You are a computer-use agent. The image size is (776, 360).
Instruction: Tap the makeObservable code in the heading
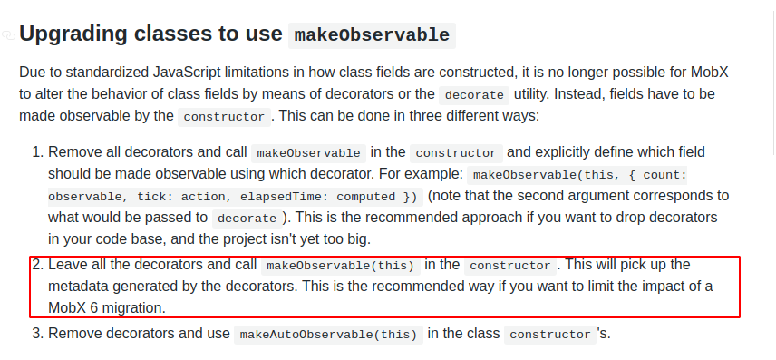click(x=371, y=35)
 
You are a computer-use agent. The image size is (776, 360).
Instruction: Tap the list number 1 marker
click(x=36, y=151)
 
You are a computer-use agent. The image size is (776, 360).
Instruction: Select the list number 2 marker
click(x=36, y=265)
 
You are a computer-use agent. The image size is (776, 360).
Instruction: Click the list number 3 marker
click(x=36, y=333)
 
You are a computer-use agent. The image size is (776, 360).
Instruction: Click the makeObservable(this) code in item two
click(x=340, y=266)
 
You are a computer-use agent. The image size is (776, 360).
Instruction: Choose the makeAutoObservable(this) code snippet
click(x=328, y=334)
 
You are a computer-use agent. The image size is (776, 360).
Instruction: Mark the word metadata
click(x=83, y=287)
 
